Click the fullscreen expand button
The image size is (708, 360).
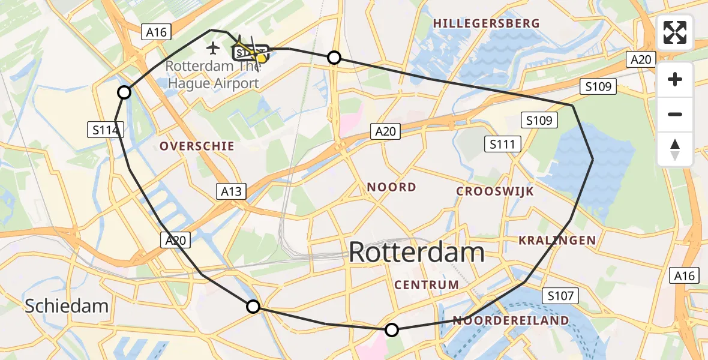675,32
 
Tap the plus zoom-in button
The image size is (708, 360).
675,79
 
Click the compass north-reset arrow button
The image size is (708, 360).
675,149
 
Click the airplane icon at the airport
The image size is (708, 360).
212,47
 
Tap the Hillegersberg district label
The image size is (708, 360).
487,23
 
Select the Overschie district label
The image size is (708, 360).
197,146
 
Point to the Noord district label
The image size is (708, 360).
392,187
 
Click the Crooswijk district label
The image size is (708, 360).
495,191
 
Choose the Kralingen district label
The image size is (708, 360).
558,241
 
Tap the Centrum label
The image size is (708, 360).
427,284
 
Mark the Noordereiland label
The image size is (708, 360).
511,320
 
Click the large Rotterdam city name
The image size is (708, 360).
416,252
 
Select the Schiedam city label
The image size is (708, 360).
67,306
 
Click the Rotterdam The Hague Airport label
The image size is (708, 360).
212,74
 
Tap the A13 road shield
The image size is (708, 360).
231,191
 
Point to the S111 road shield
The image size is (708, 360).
505,144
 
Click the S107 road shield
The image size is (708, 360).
561,295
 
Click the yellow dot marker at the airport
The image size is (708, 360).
261,58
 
